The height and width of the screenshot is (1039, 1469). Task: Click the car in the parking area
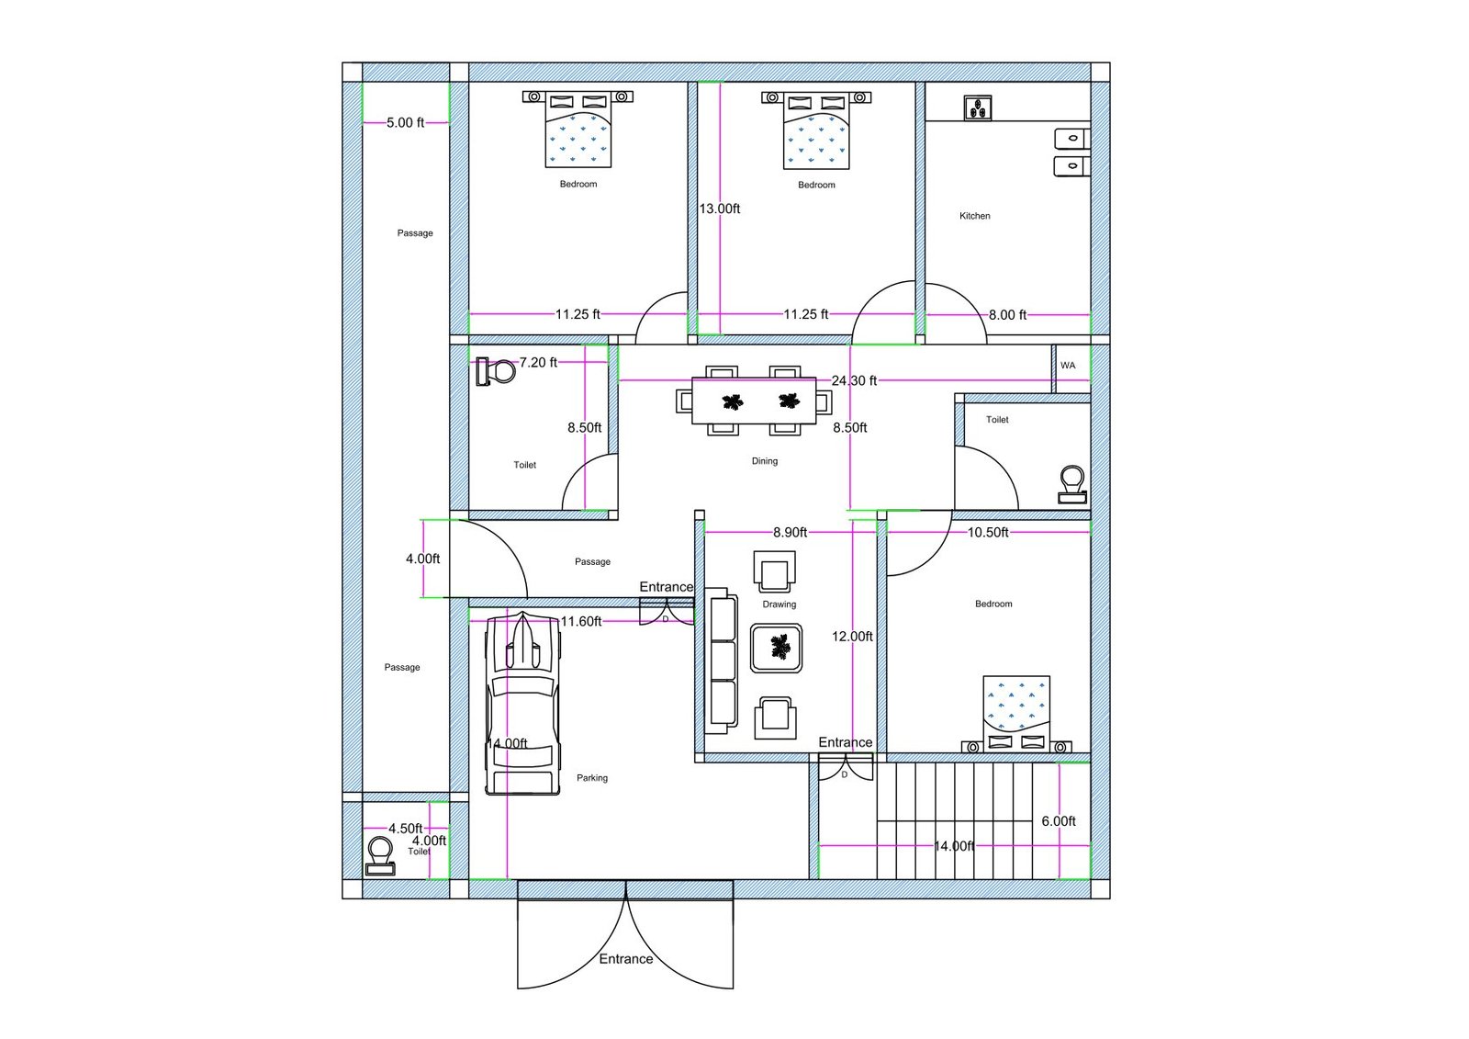coord(522,703)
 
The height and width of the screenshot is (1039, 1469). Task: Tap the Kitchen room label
coord(974,216)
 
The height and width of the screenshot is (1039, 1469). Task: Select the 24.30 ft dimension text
coord(854,380)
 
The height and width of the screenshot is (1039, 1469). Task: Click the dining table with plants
coord(754,401)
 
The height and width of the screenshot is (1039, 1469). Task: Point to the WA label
coord(1068,366)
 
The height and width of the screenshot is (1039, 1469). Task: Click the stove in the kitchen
coord(978,108)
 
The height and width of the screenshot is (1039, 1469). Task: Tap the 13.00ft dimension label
coord(720,209)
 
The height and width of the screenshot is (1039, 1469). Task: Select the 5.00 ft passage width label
coord(405,122)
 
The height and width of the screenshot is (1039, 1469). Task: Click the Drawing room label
coord(779,604)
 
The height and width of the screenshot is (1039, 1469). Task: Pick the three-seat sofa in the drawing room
coord(723,661)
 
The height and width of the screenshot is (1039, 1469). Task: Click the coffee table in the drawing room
coord(777,648)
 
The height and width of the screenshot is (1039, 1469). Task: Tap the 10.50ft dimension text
coord(988,532)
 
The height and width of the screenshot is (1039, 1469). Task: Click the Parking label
coord(592,778)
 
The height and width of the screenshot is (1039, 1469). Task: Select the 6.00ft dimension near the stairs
coord(1059,821)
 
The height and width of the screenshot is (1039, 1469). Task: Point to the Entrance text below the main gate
coord(626,959)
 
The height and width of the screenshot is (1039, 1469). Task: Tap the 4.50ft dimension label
coord(405,829)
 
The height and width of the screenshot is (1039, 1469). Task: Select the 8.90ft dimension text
coord(790,532)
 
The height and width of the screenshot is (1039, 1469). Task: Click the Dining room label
coord(764,461)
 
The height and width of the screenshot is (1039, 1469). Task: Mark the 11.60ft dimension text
coord(581,622)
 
